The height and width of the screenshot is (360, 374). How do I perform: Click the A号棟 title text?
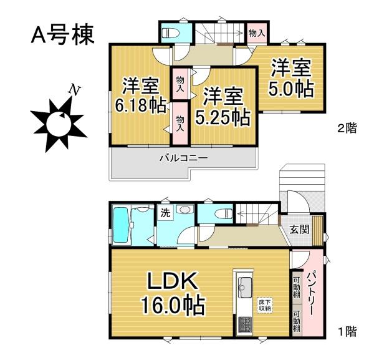(63, 35)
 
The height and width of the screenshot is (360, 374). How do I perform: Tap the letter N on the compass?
(74, 90)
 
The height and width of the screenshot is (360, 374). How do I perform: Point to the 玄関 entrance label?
(299, 229)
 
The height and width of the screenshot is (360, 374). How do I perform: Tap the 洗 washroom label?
(165, 213)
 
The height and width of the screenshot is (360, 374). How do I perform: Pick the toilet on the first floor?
(222, 213)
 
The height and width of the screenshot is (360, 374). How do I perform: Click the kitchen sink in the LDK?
(243, 288)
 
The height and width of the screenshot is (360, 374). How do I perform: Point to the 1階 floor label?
(347, 331)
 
